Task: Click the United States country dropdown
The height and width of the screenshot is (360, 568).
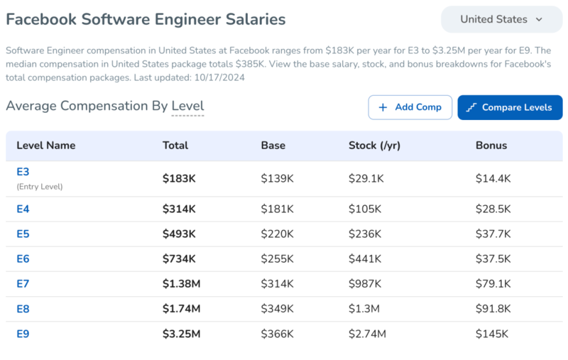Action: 501,19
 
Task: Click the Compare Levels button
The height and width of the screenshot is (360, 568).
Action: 510,107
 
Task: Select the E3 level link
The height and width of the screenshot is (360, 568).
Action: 23,172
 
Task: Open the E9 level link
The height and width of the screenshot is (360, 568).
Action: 23,334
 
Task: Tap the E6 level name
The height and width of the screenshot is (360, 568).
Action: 23,258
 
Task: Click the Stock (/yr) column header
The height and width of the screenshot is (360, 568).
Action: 374,146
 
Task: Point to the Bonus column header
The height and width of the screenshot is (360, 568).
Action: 491,146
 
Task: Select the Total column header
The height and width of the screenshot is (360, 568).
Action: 175,146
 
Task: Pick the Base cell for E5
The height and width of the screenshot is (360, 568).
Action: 277,234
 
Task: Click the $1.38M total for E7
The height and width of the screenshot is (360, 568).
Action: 181,283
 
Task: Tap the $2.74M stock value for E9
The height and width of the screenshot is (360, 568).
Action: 367,334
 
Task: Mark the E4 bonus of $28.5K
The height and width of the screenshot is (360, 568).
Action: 493,209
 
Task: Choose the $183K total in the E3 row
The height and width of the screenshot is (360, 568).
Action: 179,178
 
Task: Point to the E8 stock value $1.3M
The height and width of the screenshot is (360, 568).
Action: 364,309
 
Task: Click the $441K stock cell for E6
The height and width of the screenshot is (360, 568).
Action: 365,259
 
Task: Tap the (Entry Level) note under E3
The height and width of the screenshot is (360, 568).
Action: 40,187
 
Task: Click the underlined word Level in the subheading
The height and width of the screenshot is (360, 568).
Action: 187,106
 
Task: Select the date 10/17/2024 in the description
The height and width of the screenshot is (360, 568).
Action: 219,77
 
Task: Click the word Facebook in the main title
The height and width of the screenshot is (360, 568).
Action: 41,19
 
